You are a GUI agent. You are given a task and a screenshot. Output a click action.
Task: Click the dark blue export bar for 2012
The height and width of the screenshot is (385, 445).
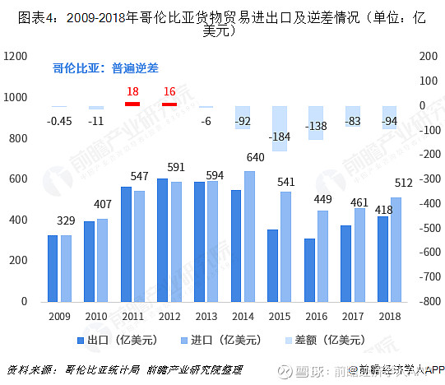pos(162,240)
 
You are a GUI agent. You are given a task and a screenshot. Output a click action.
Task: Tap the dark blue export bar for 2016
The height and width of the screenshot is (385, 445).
pos(309,270)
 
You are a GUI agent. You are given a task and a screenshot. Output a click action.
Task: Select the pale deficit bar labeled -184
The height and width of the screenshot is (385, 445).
pos(280,128)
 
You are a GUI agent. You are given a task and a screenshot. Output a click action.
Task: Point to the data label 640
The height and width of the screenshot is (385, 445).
pos(255,157)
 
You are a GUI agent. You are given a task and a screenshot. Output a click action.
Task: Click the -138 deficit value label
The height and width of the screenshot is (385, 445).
pos(317,126)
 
